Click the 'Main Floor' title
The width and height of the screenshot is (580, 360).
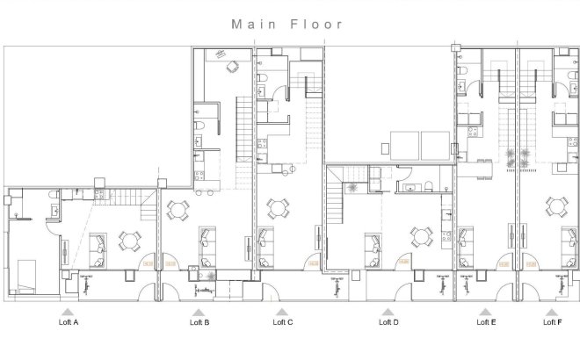pos(287,25)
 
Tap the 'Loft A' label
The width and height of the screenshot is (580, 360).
pos(69,323)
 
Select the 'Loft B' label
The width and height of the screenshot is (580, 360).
pos(199,323)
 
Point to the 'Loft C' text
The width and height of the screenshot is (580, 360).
pos(283,323)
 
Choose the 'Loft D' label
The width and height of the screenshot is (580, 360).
pos(388,323)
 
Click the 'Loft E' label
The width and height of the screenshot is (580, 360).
pos(485,323)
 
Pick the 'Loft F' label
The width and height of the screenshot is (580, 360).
pos(552,323)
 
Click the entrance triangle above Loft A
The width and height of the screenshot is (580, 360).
pos(69,311)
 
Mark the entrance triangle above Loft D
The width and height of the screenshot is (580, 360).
pos(388,311)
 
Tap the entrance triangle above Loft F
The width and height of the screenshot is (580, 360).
pos(552,311)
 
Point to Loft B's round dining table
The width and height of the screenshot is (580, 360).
pos(179,210)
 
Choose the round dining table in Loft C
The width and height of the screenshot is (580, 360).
pos(279,209)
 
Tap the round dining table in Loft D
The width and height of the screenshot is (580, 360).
pos(420,235)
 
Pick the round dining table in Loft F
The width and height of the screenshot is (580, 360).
pos(556,207)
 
